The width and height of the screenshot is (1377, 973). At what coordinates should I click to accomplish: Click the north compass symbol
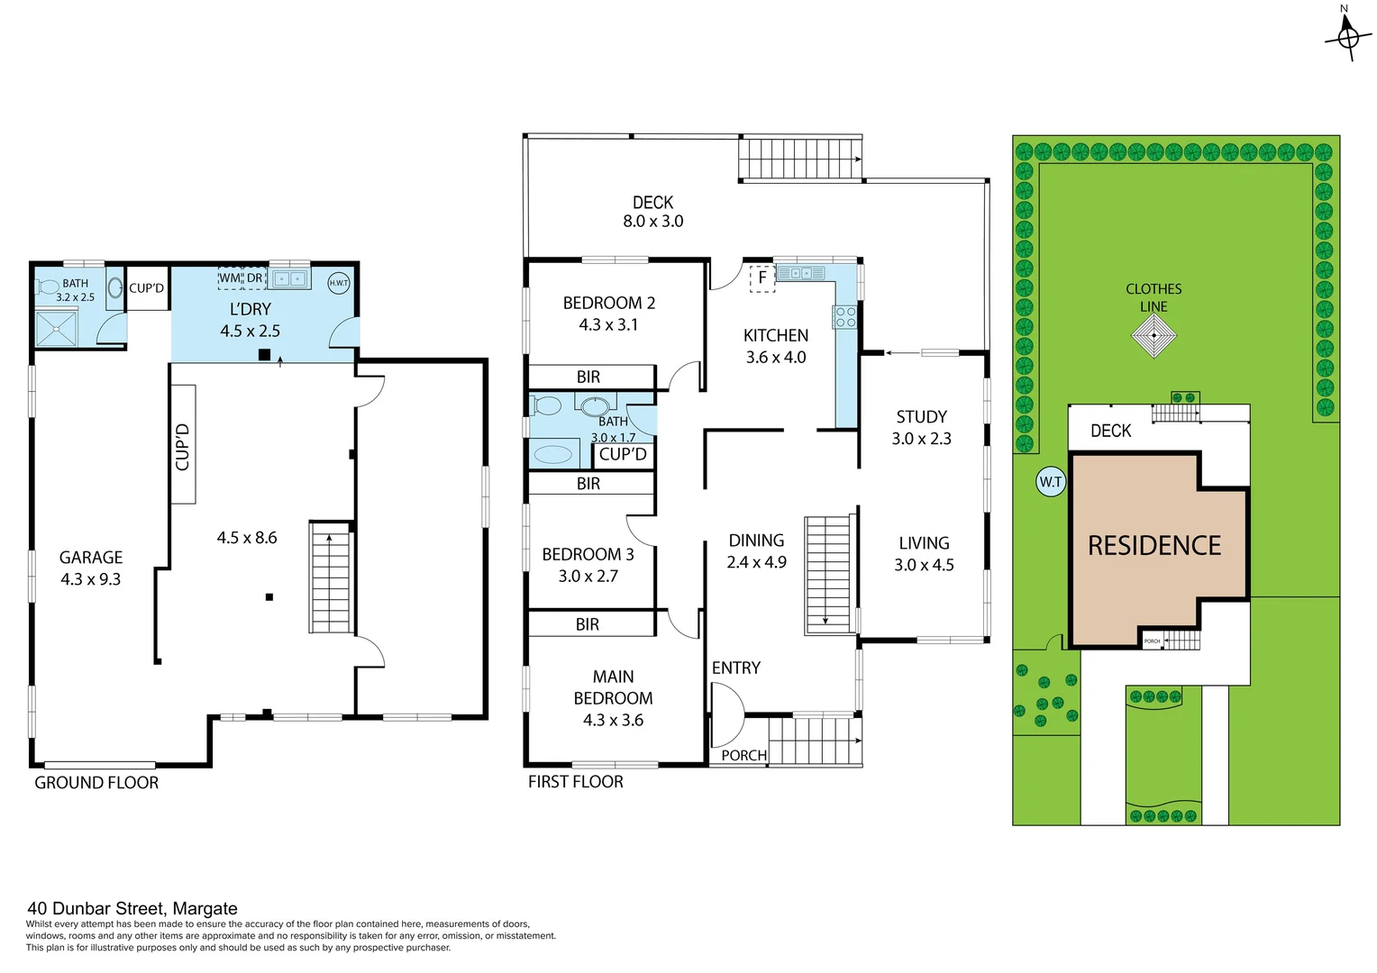tap(1347, 37)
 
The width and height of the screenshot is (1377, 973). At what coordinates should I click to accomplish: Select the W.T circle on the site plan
tap(1051, 482)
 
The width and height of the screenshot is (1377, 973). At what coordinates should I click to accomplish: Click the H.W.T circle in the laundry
tap(339, 283)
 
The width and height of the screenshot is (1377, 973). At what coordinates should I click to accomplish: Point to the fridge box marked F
tap(762, 278)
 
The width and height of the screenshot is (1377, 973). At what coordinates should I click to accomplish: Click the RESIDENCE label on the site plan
tap(1154, 546)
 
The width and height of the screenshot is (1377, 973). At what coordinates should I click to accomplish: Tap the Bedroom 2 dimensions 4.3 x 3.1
tap(608, 325)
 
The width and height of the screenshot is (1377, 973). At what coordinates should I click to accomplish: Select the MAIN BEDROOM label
tap(613, 687)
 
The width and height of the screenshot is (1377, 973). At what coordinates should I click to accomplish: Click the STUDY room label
tap(921, 417)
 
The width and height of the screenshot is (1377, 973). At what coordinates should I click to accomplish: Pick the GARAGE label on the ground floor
tap(91, 558)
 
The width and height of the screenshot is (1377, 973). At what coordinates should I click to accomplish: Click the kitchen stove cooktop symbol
tap(845, 316)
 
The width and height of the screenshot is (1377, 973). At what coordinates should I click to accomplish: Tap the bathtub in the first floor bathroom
tap(553, 455)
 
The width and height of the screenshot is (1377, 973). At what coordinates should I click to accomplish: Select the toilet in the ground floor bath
tap(48, 287)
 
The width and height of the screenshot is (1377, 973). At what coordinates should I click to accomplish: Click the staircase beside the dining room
tap(828, 574)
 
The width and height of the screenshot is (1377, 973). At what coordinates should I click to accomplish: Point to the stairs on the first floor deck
tap(799, 159)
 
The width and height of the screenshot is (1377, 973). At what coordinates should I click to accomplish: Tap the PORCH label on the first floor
tap(743, 755)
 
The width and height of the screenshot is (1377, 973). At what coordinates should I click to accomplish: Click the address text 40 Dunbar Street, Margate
tap(132, 909)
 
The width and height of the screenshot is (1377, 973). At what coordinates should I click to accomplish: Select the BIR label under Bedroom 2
tap(588, 377)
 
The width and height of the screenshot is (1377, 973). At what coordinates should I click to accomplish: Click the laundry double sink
tap(289, 279)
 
